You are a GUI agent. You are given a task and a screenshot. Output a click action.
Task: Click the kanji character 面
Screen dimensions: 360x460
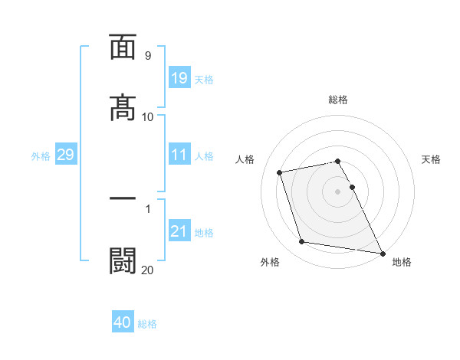123,47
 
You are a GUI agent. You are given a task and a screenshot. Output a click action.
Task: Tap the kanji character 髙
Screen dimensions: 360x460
123,108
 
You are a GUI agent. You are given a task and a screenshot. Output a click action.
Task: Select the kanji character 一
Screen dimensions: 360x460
123,199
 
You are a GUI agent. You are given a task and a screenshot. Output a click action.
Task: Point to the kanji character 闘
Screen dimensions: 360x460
123,260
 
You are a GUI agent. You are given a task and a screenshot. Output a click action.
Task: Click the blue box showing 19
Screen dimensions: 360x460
179,77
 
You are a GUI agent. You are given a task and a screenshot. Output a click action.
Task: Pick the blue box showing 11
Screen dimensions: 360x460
179,155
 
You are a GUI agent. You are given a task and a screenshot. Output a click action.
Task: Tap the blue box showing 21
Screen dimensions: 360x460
179,231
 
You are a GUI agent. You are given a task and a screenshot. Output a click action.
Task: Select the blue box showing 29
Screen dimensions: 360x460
65,155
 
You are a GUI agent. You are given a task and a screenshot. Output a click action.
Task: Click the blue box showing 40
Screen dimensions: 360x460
123,322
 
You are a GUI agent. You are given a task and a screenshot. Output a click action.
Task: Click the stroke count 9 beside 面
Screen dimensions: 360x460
147,56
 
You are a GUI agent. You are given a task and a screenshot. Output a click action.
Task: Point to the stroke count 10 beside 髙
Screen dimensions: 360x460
147,117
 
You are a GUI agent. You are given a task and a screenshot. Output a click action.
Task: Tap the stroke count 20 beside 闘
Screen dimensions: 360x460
147,270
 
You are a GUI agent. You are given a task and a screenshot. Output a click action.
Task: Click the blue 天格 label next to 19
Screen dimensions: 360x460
204,80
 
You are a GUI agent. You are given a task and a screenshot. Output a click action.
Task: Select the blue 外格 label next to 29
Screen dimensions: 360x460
41,156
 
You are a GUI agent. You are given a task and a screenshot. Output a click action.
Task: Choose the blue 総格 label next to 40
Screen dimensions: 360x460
147,324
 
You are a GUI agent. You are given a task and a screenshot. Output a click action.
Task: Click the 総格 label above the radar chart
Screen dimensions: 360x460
338,100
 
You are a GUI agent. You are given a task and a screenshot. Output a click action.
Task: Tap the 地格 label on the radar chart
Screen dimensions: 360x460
402,262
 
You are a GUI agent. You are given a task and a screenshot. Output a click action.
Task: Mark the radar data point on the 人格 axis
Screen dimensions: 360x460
280,172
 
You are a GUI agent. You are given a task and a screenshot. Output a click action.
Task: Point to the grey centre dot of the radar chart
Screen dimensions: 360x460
338,191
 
